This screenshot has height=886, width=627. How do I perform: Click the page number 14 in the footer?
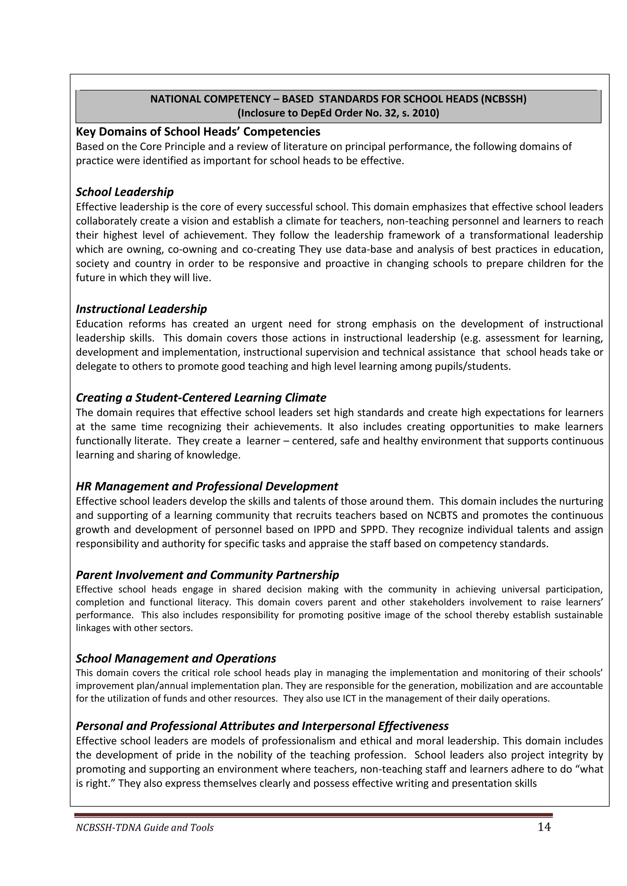tap(544, 827)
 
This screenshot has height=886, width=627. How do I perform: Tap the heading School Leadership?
tap(125, 192)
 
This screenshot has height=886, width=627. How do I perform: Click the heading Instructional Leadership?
tap(141, 309)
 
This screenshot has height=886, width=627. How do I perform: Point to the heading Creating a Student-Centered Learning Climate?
tap(201, 398)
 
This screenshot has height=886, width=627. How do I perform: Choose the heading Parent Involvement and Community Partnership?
tap(207, 575)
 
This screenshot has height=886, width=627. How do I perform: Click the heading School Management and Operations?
tap(176, 658)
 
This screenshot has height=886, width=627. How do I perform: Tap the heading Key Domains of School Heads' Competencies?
tap(198, 132)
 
